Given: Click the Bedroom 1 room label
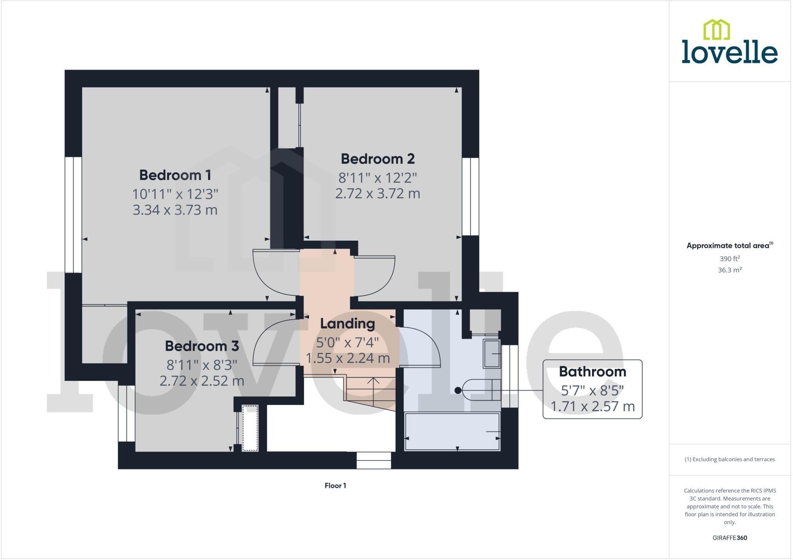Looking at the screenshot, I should (x=175, y=175).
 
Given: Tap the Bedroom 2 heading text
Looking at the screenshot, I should (x=378, y=159).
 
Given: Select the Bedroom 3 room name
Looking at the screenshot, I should (x=202, y=346).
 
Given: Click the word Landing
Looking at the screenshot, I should (x=347, y=324).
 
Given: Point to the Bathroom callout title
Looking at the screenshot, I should (x=592, y=372).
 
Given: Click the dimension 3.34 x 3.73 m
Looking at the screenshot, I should (x=175, y=210).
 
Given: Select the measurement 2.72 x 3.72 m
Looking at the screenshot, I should (x=378, y=194).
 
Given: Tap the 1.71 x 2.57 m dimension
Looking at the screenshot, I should (x=592, y=407).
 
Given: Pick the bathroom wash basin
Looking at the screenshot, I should (x=491, y=354).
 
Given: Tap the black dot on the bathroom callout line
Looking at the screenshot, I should (x=458, y=390).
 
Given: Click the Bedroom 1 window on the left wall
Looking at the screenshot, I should (x=73, y=215).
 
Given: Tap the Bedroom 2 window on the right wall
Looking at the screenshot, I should (x=470, y=197).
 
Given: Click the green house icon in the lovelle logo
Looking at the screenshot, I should (x=716, y=30).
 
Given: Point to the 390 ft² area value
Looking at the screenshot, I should (x=729, y=259).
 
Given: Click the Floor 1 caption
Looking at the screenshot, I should (x=335, y=486).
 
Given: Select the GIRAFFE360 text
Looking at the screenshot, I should (x=729, y=538).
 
